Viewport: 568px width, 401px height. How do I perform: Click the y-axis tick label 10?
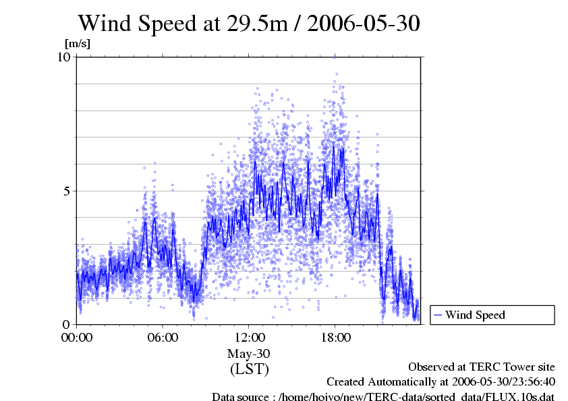coord(64,57)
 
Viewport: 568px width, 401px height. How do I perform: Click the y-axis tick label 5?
coord(67,191)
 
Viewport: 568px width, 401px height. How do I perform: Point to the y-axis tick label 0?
coord(67,324)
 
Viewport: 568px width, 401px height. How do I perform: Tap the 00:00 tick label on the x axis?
coord(77,337)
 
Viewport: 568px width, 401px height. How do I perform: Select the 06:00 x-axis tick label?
coord(163,337)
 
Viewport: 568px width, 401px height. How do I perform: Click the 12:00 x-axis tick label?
coord(249,337)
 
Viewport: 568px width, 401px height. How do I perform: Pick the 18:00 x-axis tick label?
coord(335,337)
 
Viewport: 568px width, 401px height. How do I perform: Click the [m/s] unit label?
coord(77,43)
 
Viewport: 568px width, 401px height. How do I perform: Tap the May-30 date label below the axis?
coord(249,353)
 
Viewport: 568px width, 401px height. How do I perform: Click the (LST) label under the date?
coord(249,369)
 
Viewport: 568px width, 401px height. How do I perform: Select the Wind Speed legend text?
coord(475,315)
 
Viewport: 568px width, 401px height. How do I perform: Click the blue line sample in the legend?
coord(438,315)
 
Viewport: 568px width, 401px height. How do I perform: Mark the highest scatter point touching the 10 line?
coord(334,58)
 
